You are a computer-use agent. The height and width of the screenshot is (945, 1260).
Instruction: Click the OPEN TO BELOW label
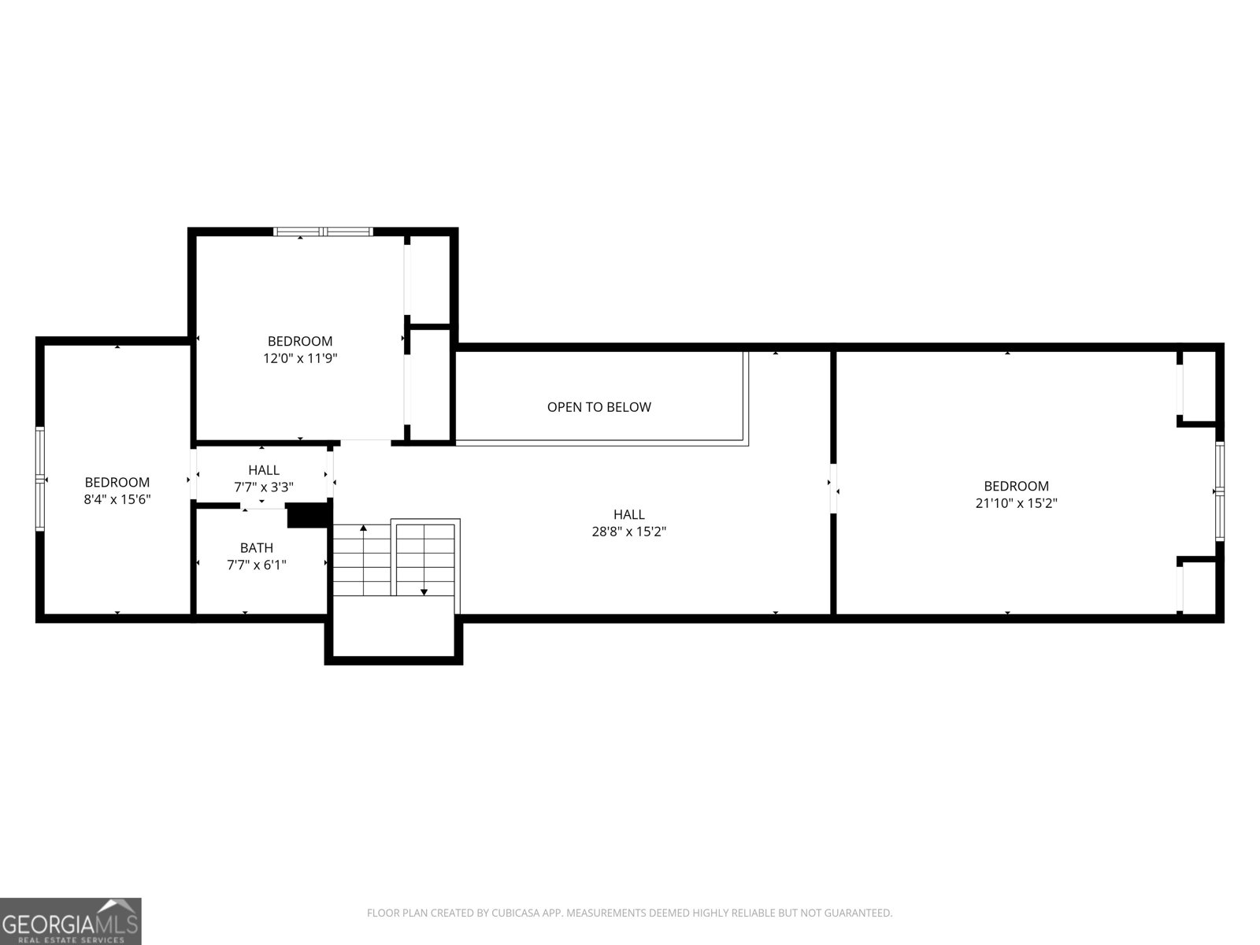(x=598, y=407)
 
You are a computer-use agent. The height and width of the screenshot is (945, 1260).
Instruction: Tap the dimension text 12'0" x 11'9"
(x=299, y=358)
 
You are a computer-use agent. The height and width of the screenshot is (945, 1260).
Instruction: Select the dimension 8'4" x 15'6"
(x=117, y=499)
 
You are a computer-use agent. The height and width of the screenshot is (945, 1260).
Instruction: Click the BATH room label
(x=257, y=547)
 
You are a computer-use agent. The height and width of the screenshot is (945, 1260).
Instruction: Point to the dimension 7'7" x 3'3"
(x=263, y=487)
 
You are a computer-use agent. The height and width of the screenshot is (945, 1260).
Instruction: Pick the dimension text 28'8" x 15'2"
(x=629, y=532)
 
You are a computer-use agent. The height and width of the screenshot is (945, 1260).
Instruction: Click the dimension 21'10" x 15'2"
(x=1016, y=503)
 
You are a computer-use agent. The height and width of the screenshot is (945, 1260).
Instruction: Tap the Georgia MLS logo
(x=71, y=921)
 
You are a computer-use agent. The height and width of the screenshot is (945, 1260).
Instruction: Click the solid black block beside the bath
(x=307, y=515)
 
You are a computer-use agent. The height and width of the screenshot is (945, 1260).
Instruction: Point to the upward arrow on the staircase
(x=363, y=528)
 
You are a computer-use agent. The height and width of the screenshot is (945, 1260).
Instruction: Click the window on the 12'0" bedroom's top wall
(x=323, y=232)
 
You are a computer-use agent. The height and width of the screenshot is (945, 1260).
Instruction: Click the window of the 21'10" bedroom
(x=1219, y=491)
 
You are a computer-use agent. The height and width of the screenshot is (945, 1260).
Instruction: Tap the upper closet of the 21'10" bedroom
(x=1200, y=386)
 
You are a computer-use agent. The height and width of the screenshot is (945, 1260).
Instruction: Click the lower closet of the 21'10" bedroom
(x=1200, y=587)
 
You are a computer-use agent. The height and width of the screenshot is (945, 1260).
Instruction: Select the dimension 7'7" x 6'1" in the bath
(x=257, y=565)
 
